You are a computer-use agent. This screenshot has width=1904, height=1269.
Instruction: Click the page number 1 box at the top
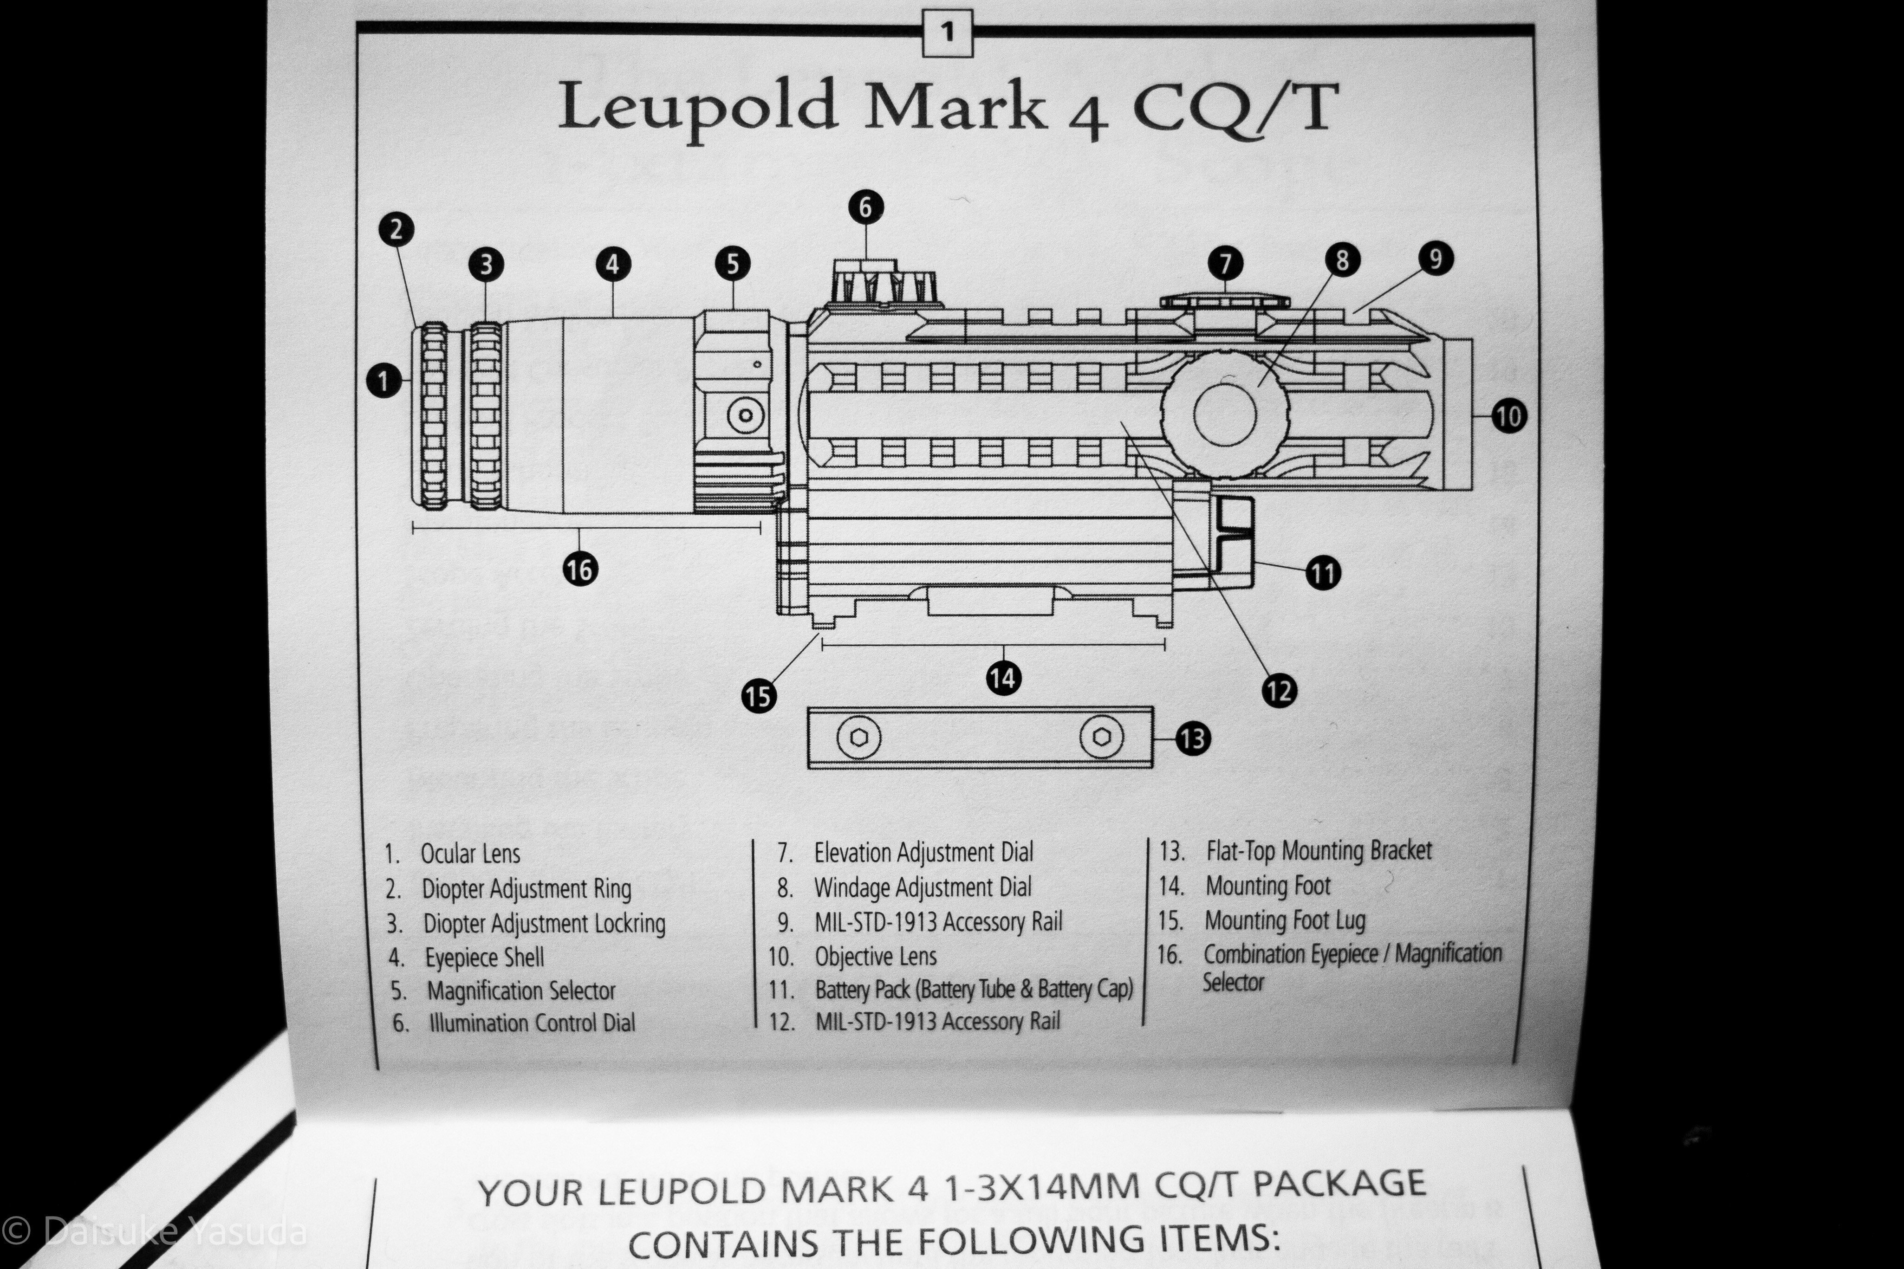coord(947,33)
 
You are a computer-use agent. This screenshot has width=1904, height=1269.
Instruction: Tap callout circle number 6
coord(865,207)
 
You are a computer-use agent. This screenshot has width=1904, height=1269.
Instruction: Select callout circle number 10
coord(1508,416)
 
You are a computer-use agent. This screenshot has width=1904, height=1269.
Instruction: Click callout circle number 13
coord(1192,738)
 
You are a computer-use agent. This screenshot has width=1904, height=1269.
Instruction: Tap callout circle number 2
coord(396,229)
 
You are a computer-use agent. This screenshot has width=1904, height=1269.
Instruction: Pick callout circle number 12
coord(1279,690)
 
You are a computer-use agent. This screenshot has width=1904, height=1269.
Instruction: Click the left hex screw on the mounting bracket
coord(859,737)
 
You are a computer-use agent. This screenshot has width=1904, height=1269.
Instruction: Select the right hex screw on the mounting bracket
coord(1102,737)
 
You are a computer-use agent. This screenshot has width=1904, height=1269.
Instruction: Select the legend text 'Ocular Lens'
coord(470,854)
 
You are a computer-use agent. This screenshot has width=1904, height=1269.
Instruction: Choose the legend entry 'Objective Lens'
coord(876,957)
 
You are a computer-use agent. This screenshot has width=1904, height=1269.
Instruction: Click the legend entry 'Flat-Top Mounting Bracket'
coord(1319,851)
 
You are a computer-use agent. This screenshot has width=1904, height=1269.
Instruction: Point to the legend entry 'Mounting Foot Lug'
coord(1285,920)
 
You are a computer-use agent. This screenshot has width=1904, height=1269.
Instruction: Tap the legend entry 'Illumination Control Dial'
coord(532,1023)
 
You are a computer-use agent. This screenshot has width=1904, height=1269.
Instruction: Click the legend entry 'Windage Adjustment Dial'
coord(923,888)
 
